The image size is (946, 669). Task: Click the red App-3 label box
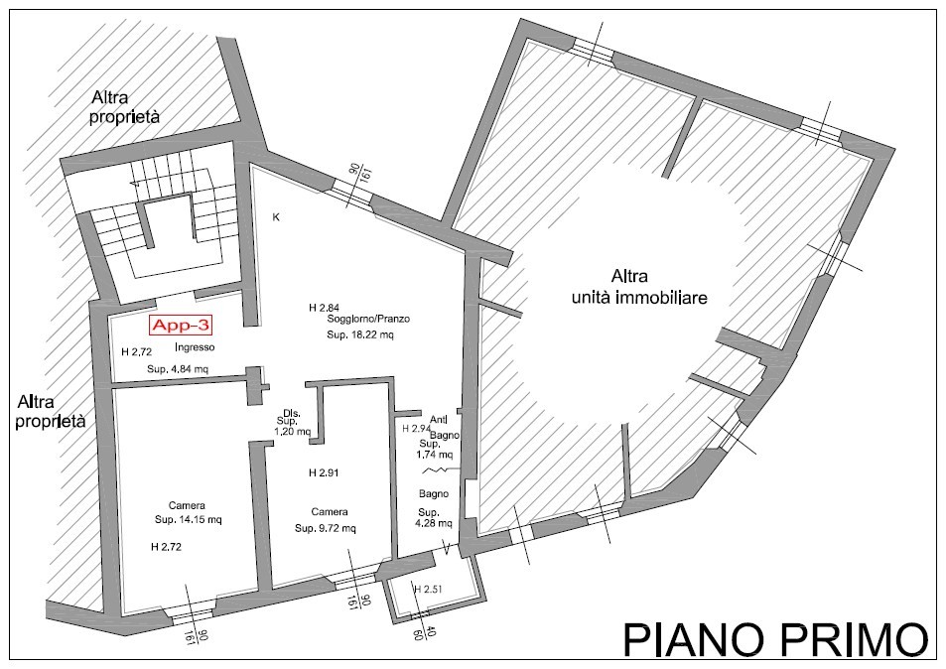[181, 326]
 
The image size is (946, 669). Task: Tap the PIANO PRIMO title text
[775, 639]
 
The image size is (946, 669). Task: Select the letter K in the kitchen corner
[276, 217]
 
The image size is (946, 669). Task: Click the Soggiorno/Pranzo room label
[368, 319]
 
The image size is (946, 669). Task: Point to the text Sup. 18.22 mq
[360, 334]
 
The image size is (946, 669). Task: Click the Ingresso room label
[195, 347]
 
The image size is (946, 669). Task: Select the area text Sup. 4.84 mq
[178, 368]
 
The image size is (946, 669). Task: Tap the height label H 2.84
[324, 308]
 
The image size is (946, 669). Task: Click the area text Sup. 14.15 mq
[189, 519]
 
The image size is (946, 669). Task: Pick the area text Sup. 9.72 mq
[326, 528]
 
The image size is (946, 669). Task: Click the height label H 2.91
[324, 472]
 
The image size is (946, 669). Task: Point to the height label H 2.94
[417, 429]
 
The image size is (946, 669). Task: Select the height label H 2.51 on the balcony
[428, 589]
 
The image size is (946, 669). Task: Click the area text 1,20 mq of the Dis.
[292, 432]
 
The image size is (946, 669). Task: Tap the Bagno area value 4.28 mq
[433, 524]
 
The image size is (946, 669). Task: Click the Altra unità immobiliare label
[639, 287]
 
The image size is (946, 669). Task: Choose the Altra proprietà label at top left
[125, 107]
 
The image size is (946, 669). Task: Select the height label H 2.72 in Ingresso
[136, 351]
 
